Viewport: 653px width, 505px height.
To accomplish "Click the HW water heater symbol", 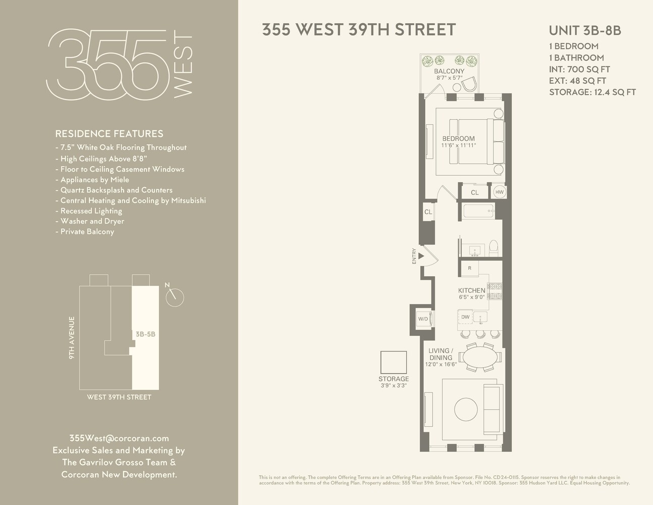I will (499, 192).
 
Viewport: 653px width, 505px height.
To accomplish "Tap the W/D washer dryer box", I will (422, 319).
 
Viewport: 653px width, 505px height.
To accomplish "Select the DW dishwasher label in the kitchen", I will (465, 317).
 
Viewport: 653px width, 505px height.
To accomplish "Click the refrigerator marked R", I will (470, 268).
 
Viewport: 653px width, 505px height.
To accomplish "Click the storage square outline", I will (394, 362).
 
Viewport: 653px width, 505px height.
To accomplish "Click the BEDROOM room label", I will (458, 139).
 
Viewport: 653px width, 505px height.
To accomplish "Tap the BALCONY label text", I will (449, 71).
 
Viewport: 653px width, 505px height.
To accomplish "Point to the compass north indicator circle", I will (175, 297).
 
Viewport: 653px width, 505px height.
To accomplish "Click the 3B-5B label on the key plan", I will (145, 334).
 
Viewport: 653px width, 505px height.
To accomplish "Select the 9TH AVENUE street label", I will (72, 338).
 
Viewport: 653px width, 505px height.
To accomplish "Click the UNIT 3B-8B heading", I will (584, 30).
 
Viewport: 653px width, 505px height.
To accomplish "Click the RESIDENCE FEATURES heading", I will (109, 134).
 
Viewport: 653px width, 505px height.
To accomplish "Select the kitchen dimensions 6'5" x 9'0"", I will (471, 297).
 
